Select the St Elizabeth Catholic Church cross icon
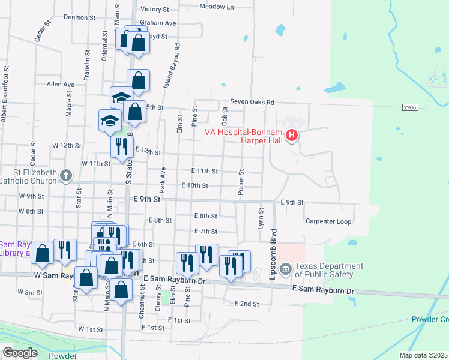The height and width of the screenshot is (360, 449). point(66,176)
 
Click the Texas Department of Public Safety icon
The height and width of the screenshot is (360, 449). point(286,268)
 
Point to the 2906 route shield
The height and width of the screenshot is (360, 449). point(411,107)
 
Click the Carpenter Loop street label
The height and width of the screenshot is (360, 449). point(328,221)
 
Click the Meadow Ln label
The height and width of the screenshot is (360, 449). point(216,7)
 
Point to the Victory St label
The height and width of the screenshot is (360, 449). point(155,10)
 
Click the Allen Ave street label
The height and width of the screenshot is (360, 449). point(60,85)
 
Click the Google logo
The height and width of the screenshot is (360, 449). point(20,353)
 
